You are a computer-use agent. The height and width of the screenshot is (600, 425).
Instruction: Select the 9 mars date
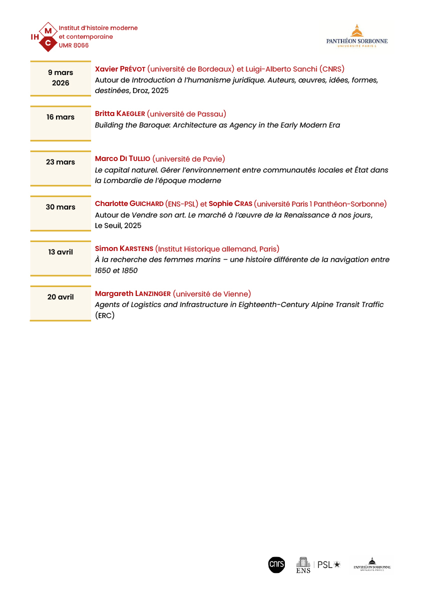click(x=61, y=73)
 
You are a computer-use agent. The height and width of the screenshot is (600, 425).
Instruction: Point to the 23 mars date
click(x=61, y=162)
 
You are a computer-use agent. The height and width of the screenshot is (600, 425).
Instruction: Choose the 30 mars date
click(x=61, y=207)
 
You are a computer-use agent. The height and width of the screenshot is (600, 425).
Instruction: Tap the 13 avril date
click(x=61, y=252)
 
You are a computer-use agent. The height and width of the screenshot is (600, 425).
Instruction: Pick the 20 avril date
click(x=61, y=297)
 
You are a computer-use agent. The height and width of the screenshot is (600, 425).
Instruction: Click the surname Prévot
click(x=133, y=69)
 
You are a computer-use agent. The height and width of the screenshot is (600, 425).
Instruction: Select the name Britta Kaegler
click(x=120, y=114)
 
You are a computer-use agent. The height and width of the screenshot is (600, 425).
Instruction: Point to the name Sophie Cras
click(x=230, y=204)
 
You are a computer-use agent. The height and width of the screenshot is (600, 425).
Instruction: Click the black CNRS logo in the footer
click(x=276, y=564)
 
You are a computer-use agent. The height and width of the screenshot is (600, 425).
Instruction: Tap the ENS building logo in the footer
click(x=303, y=564)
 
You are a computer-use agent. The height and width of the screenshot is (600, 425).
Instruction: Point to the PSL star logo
click(x=329, y=564)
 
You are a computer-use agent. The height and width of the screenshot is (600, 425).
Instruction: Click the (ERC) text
click(x=105, y=315)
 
